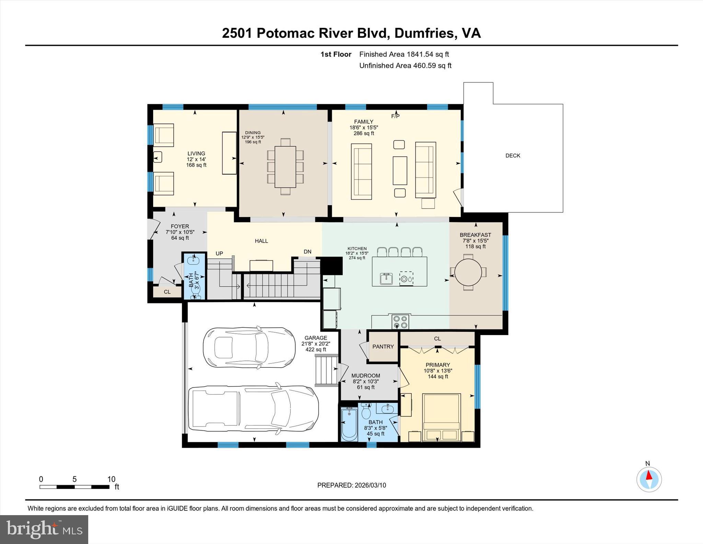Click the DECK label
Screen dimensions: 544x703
coord(512,156)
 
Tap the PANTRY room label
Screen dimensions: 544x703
coord(383,346)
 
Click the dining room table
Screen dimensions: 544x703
coord(285,167)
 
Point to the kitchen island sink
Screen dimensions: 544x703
coord(386,278)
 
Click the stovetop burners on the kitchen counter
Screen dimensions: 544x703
coord(401,322)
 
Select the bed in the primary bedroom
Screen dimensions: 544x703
coord(441,417)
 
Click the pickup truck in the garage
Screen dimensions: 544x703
coord(253,408)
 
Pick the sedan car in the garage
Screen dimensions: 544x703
coord(249,347)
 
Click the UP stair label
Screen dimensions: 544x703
coord(219,254)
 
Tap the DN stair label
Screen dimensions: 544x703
coord(307,252)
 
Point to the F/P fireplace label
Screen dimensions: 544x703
coord(395,116)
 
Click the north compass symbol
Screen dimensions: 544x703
coord(649,479)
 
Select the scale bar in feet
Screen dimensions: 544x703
coord(74,487)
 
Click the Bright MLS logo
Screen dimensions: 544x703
coord(44,529)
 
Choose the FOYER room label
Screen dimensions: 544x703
coord(180,226)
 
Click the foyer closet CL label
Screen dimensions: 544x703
coord(167,292)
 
